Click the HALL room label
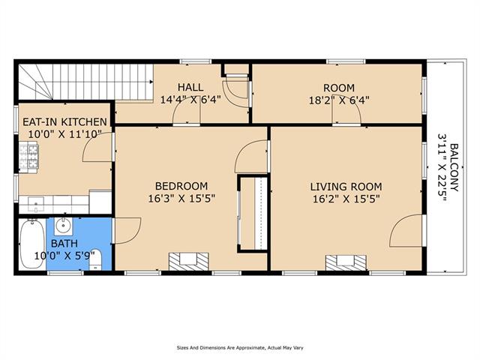click(190, 87)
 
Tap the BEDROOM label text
click(181, 186)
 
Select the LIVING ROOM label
click(346, 187)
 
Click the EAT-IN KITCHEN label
click(65, 121)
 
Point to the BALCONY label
click(454, 167)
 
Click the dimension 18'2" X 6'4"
click(339, 100)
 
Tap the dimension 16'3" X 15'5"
click(181, 199)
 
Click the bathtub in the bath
click(31, 244)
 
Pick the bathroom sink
click(63, 226)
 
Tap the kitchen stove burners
click(28, 157)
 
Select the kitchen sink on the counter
click(36, 203)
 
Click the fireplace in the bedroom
click(188, 262)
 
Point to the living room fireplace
click(346, 263)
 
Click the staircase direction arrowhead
click(151, 82)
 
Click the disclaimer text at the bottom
click(240, 348)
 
